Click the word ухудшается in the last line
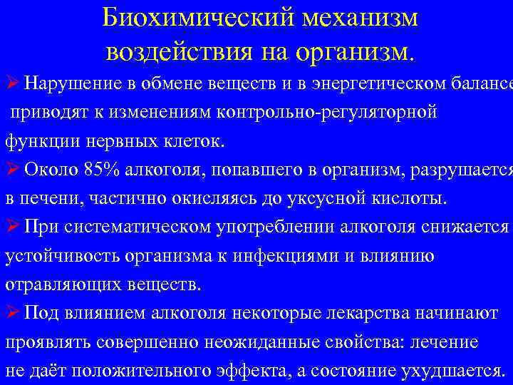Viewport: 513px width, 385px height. [x=449, y=370]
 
